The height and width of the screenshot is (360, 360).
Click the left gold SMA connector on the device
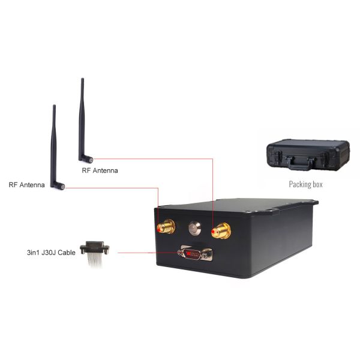[x=164, y=227]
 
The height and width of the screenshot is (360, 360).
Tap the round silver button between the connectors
[x=194, y=228]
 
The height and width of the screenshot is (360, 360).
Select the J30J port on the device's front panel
[x=196, y=254]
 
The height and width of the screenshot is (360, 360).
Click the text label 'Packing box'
[x=305, y=184]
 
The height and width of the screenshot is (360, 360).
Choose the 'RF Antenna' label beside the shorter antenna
[x=26, y=185]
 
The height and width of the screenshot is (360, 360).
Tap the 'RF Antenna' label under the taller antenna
[x=100, y=170]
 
